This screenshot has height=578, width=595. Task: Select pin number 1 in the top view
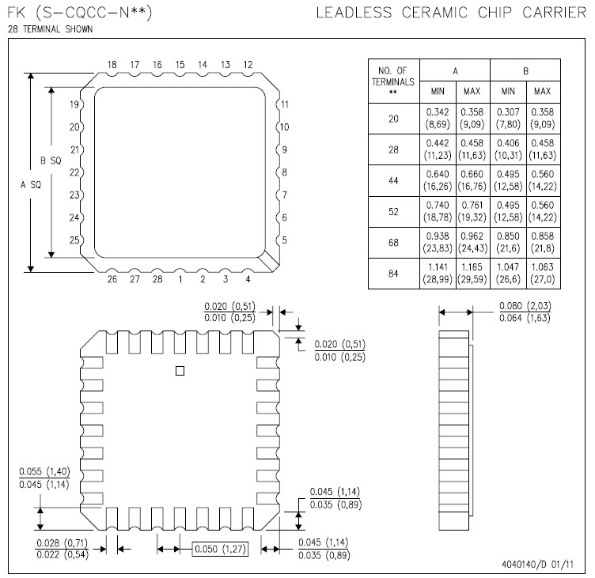pos(180,278)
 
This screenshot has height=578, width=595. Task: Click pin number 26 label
pos(112,278)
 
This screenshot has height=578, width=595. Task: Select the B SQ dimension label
pos(51,161)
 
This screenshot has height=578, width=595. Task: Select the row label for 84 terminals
pos(393,274)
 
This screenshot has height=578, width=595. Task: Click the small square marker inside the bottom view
pos(180,370)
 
